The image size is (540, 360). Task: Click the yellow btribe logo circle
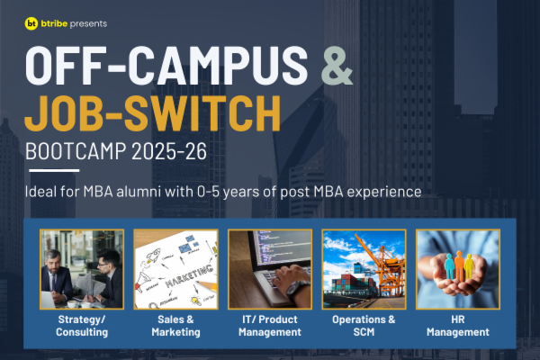[31, 24]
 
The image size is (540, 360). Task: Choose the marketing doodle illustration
[175, 269]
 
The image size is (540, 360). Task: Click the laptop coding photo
[270, 269]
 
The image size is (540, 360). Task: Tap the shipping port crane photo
[364, 269]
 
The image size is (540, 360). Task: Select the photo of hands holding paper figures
[458, 269]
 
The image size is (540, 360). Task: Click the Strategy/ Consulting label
[81, 325]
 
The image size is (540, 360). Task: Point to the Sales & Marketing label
[175, 325]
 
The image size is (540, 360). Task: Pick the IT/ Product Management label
[270, 325]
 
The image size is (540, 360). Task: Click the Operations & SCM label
[364, 325]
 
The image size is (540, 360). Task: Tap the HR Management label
[458, 325]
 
